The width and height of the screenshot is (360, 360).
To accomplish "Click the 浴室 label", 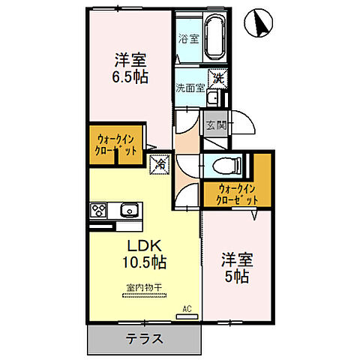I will point(187,38).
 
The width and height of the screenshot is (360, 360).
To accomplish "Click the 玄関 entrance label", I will point(216,125).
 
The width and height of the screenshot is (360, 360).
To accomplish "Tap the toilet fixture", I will point(223,164).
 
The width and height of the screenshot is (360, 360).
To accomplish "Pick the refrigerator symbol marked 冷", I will point(160,163).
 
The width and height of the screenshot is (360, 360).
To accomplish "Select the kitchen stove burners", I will point(99,209).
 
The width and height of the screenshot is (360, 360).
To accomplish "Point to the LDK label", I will point(140,246).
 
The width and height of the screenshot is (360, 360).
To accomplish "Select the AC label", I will point(189,307).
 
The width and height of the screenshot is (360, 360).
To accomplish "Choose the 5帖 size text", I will point(237,277).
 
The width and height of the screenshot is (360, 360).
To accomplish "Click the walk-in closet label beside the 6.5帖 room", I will point(115,144).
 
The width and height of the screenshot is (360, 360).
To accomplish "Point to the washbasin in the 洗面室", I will point(213,99).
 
